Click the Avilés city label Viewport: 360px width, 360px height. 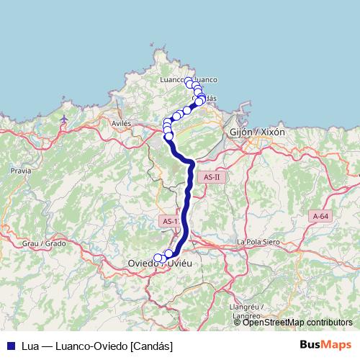click(x=121, y=123)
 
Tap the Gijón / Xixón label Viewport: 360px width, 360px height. click(x=256, y=132)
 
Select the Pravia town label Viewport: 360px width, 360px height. click(x=21, y=171)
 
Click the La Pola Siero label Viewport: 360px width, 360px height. click(x=258, y=242)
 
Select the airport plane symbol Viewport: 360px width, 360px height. click(x=66, y=118)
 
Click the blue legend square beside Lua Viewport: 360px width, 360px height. click(x=10, y=346)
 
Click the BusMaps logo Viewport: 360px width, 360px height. click(x=325, y=345)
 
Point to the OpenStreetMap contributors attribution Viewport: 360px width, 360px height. click(x=297, y=322)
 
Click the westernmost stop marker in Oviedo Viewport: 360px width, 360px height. click(x=158, y=258)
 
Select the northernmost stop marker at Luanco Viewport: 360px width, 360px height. click(x=189, y=81)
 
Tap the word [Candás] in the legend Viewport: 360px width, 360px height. click(x=152, y=346)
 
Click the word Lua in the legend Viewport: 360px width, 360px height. click(x=30, y=346)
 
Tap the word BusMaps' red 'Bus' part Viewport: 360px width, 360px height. click(x=311, y=345)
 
